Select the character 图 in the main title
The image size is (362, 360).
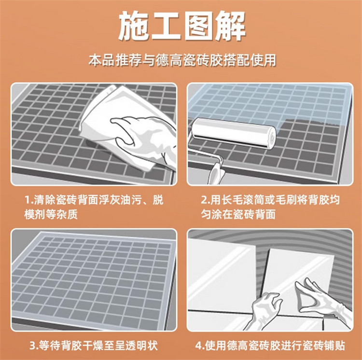[x=198, y=27]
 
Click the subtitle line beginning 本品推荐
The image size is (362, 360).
[x=182, y=60]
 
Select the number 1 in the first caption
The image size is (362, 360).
[x=28, y=200]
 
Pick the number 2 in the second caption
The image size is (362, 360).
[x=204, y=200]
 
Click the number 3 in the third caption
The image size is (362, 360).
[x=33, y=346]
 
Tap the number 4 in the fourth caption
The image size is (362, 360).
[x=198, y=346]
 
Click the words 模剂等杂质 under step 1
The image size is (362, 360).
[x=51, y=214]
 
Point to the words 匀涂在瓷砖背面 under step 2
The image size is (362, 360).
[x=238, y=214]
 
